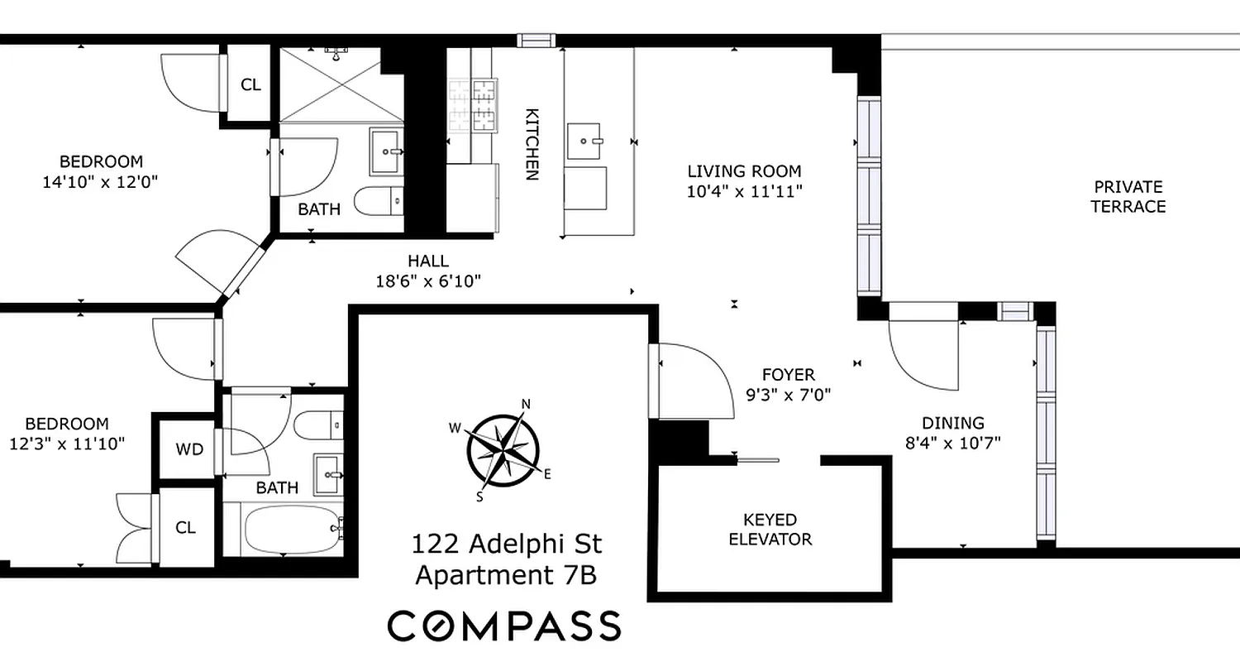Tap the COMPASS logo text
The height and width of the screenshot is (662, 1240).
coord(504,626)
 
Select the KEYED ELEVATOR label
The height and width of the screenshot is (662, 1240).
coord(770,530)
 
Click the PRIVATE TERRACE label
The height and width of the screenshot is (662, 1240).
coord(1128,197)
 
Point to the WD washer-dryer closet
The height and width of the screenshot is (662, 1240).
coord(188,449)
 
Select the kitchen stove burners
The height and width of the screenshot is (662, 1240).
coord(471,105)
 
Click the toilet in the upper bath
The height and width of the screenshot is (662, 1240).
coord(379,199)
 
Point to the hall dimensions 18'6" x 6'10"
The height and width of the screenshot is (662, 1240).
coord(427,281)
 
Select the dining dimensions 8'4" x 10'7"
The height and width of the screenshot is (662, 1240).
coord(952,443)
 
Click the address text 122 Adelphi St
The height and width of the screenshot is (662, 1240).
coord(507,544)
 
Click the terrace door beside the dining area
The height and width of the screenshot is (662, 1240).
coord(923,348)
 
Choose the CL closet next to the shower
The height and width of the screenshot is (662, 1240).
coord(250,84)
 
